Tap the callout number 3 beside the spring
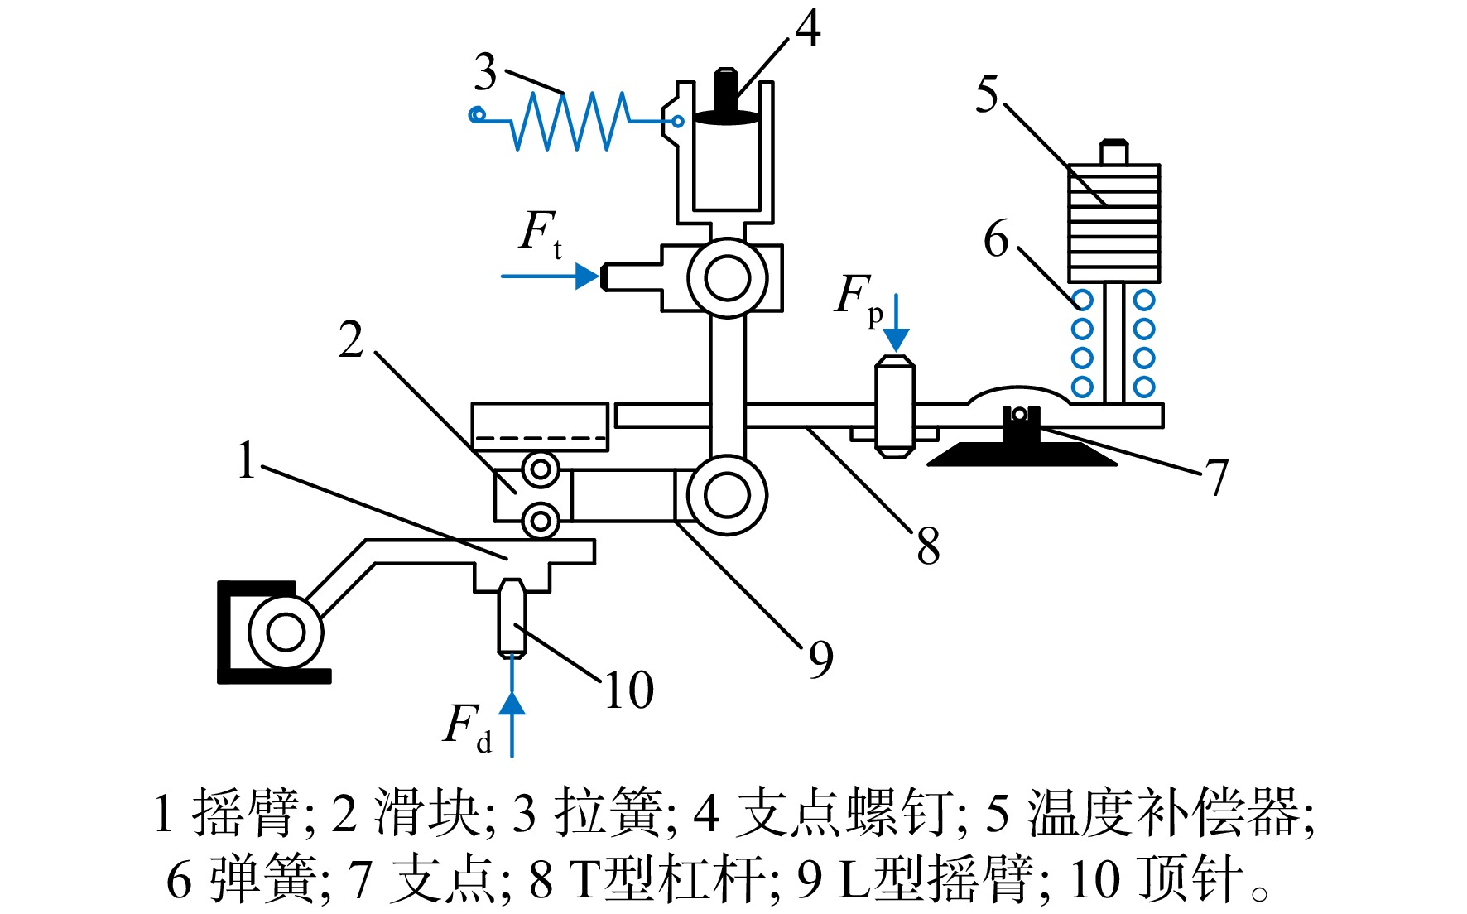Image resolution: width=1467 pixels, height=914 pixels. click(x=486, y=72)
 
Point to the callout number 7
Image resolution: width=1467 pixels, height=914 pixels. click(x=1216, y=478)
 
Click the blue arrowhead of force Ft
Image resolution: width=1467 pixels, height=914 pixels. click(x=587, y=276)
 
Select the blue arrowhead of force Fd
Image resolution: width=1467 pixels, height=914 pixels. click(x=512, y=703)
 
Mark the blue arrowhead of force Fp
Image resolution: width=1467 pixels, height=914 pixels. click(x=896, y=339)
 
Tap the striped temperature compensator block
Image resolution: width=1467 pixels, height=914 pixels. click(x=1113, y=223)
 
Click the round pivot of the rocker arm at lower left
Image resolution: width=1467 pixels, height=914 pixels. click(x=286, y=633)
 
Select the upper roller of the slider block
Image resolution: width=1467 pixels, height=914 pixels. click(x=541, y=470)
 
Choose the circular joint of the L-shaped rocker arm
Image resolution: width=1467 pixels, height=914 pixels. click(x=726, y=495)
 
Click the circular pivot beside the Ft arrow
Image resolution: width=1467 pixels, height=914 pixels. click(x=727, y=278)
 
